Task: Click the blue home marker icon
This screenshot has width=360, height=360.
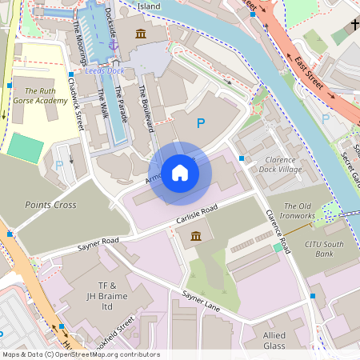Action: tap(180, 173)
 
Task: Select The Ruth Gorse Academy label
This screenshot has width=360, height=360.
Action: tap(40, 97)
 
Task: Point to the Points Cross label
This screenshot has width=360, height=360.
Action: tap(50, 205)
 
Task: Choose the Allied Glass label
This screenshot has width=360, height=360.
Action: tap(285, 339)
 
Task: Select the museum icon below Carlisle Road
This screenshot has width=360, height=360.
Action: tap(196, 236)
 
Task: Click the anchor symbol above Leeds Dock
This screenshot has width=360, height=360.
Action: tap(113, 46)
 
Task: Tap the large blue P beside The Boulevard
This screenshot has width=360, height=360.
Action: tap(201, 123)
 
